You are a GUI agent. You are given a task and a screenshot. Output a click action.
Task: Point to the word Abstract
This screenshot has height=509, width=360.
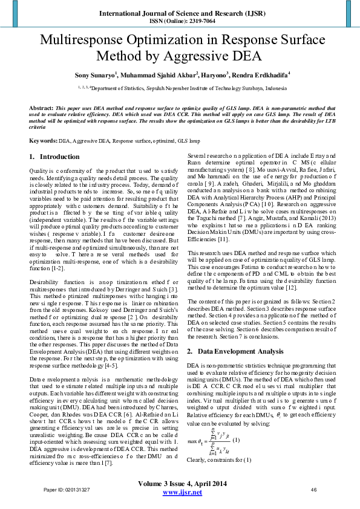pyautogui.click(x=41, y=107)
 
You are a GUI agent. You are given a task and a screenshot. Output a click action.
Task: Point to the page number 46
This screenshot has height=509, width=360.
pyautogui.click(x=313, y=490)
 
